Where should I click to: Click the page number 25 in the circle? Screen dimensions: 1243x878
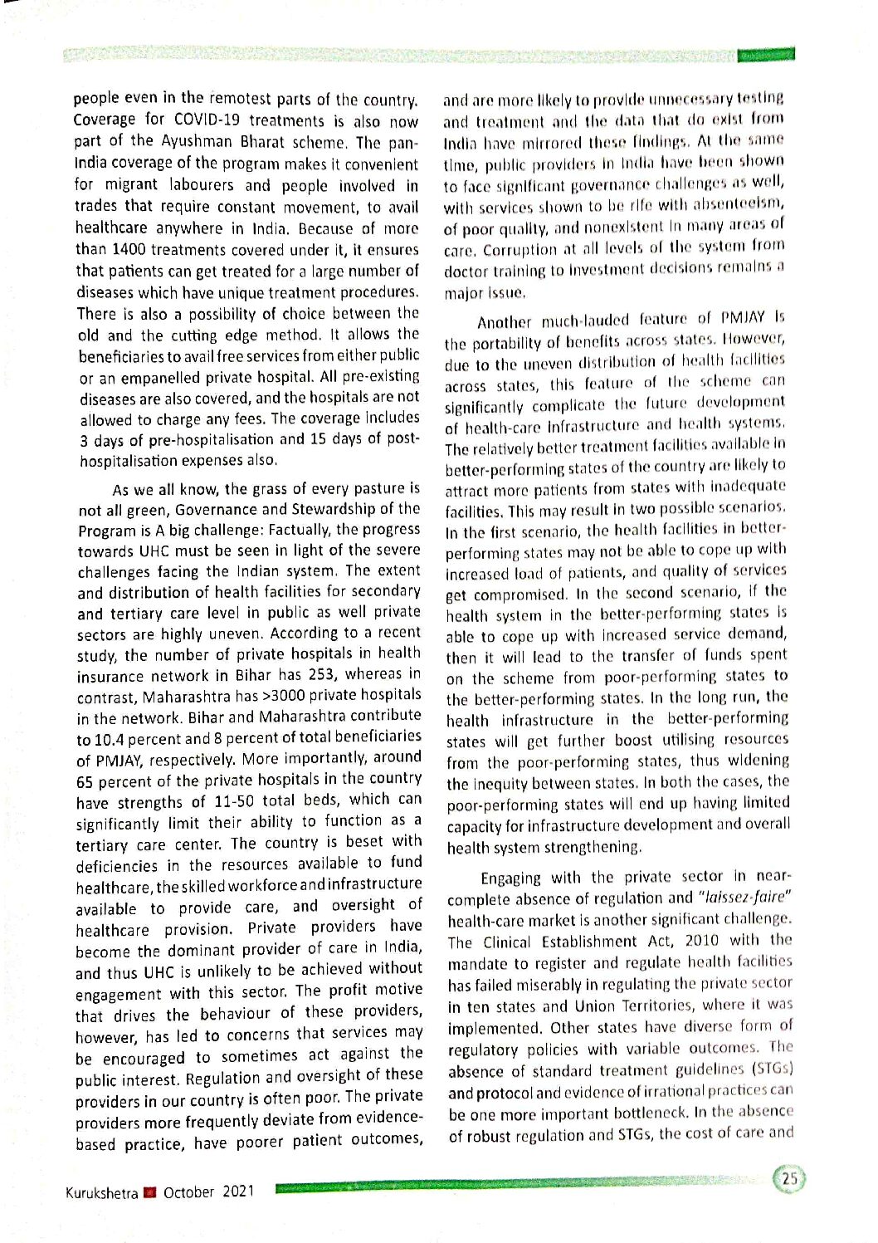pyautogui.click(x=789, y=1179)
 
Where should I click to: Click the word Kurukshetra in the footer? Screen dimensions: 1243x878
pyautogui.click(x=101, y=1193)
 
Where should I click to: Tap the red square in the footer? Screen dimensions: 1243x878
pyautogui.click(x=150, y=1193)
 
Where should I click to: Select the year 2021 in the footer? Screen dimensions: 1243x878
pyautogui.click(x=238, y=1192)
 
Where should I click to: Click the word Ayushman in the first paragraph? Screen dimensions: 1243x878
pyautogui.click(x=198, y=141)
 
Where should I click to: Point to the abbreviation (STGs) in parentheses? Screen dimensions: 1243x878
pyautogui.click(x=772, y=1069)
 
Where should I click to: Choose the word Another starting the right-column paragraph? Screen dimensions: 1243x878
pyautogui.click(x=504, y=322)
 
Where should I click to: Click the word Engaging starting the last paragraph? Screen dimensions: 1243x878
pyautogui.click(x=510, y=878)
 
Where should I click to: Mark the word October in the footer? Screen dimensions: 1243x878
pyautogui.click(x=188, y=1192)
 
